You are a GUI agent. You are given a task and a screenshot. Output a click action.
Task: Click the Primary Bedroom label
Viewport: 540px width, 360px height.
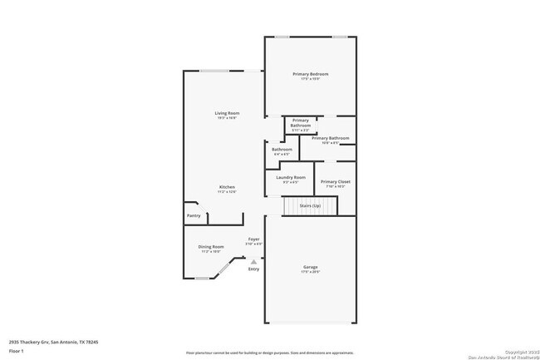click(310, 75)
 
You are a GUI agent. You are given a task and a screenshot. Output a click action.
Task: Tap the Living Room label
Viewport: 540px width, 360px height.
click(227, 115)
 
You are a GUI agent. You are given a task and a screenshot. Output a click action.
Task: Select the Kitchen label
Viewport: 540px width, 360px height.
click(227, 188)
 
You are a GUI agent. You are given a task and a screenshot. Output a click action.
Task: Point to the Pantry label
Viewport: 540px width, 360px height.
click(193, 215)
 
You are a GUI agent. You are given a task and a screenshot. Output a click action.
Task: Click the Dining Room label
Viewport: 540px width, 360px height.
click(211, 247)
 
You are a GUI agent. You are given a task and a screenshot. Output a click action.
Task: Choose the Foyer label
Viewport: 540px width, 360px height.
click(253, 241)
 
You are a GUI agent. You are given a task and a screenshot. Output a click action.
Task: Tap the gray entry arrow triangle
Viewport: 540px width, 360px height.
click(253, 261)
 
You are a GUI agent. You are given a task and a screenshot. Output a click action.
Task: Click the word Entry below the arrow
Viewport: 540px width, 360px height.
click(253, 269)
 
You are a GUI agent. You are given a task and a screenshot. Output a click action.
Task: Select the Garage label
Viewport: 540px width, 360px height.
click(310, 268)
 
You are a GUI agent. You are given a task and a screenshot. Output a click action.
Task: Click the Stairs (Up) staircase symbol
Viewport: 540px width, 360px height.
click(310, 205)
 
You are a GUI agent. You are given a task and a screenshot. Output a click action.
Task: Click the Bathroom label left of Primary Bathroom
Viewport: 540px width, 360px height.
click(281, 150)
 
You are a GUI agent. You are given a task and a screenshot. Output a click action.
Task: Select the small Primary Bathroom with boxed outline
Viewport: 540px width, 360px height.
click(300, 124)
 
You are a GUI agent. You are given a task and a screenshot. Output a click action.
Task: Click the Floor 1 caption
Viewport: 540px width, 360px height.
click(17, 351)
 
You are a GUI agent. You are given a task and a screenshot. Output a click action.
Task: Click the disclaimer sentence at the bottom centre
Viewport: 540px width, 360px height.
click(269, 353)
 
